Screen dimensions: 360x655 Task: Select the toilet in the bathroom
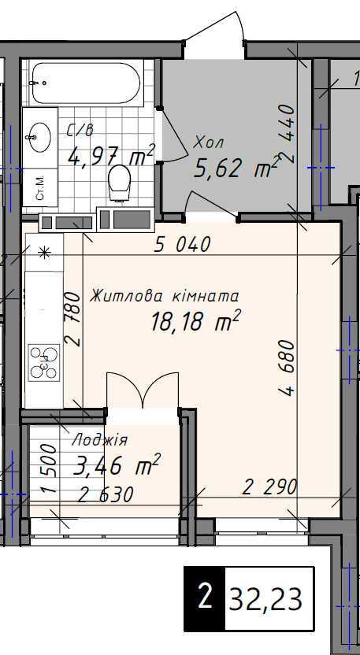(119, 183)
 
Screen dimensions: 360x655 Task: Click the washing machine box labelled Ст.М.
(40, 187)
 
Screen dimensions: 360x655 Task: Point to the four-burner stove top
(44, 362)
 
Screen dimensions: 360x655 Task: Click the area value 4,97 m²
(111, 155)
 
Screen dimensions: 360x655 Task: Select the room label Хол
(209, 143)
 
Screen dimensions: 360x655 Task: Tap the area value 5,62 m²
(236, 168)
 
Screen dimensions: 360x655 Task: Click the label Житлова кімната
(165, 296)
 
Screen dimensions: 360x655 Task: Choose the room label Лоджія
(100, 439)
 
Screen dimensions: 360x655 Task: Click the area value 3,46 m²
(117, 465)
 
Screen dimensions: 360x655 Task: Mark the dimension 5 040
(181, 244)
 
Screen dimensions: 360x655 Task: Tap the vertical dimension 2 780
(72, 318)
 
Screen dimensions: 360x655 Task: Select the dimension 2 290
(270, 487)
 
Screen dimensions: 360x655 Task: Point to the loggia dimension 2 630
(106, 494)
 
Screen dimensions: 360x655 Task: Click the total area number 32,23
(265, 599)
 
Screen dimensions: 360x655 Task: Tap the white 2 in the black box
(205, 598)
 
